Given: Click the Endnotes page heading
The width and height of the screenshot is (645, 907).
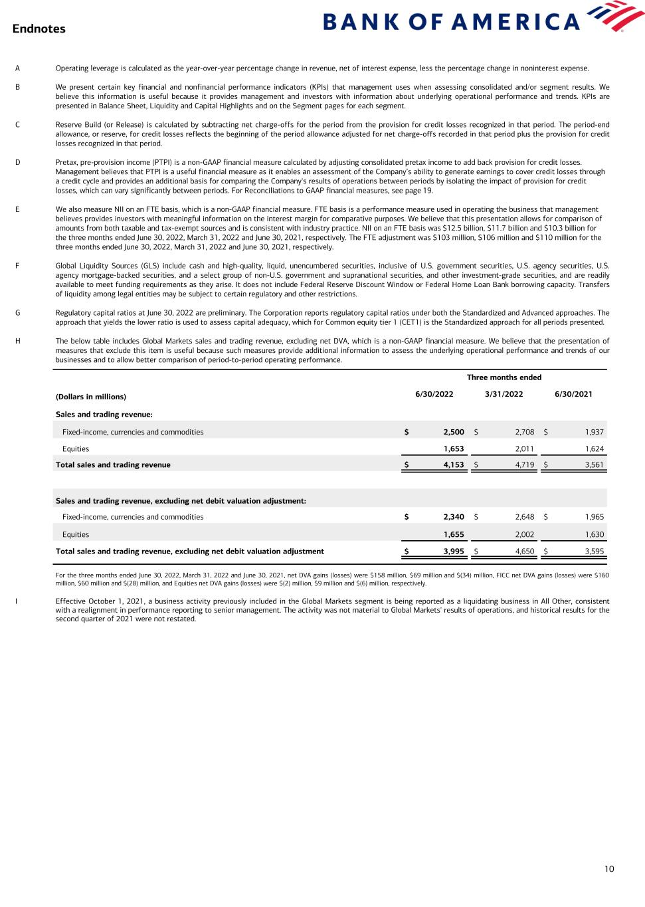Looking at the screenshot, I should coord(39,29).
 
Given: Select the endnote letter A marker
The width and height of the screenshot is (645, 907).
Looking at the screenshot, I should coord(17,68).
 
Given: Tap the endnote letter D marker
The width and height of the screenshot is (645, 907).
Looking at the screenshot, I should coord(17,162).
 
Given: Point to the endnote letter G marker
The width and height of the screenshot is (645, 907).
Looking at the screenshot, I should coord(17,312).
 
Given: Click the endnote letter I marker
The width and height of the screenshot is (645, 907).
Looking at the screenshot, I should coord(17,601).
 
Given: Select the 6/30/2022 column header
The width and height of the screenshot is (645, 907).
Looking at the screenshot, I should coord(434,394).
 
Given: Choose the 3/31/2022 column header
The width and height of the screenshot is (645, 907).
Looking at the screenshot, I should coord(504,394).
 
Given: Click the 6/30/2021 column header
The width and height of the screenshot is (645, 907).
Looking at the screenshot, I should coord(573,394).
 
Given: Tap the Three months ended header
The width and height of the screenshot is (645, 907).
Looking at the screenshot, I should coord(504,377).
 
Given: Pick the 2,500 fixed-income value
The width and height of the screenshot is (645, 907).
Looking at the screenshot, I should coord(454,432).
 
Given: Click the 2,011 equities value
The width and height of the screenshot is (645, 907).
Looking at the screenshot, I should coord(525,449).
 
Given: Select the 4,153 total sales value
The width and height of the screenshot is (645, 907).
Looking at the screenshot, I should coord(454,465).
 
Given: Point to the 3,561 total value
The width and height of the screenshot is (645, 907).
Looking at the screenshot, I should coord(594,465).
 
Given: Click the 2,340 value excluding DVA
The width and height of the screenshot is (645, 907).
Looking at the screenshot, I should coord(454,517).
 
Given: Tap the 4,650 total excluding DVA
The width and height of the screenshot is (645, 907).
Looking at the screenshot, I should coord(525,551).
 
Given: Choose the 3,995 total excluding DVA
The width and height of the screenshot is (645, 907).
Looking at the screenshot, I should coord(454,551).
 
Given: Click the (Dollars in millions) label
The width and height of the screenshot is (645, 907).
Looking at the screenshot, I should coord(90,397).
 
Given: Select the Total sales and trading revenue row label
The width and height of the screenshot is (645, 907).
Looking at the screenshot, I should coord(113,465).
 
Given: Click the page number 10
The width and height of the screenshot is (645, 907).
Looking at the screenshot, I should coord(609,869).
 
